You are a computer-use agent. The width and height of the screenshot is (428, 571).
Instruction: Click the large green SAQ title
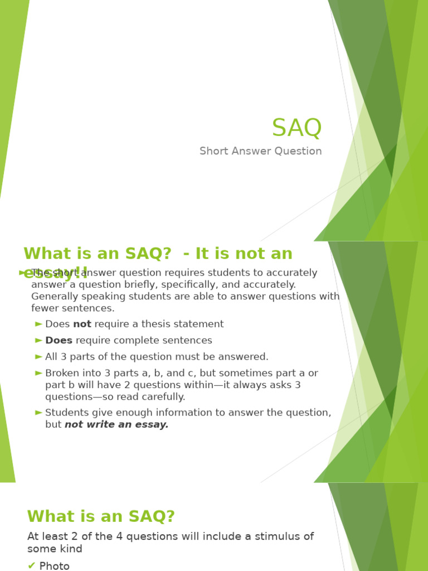[x=296, y=128]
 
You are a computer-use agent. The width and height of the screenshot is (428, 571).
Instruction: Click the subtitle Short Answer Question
[x=260, y=151]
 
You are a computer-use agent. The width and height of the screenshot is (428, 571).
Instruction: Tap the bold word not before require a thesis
[x=82, y=324]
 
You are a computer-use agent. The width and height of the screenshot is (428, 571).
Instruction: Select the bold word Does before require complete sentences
[x=59, y=340]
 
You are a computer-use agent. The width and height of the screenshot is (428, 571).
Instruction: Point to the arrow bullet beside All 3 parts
[x=38, y=356]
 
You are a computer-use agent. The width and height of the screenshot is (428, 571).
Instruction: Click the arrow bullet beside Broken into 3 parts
[x=38, y=373]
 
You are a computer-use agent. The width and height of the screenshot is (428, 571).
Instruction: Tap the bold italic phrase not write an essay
[x=116, y=424]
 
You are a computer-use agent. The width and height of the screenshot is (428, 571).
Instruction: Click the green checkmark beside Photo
[x=31, y=566]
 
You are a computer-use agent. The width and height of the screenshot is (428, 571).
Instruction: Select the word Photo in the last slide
[x=55, y=566]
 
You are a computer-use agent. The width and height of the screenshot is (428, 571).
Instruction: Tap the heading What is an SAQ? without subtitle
[x=101, y=516]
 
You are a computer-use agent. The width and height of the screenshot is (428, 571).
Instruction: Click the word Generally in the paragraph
[x=55, y=296]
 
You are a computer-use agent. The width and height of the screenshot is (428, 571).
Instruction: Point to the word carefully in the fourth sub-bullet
[x=164, y=397]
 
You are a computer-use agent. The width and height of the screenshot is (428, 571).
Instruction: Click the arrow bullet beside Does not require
[x=38, y=324]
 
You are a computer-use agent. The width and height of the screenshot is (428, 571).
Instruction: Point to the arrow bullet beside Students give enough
[x=38, y=413]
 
